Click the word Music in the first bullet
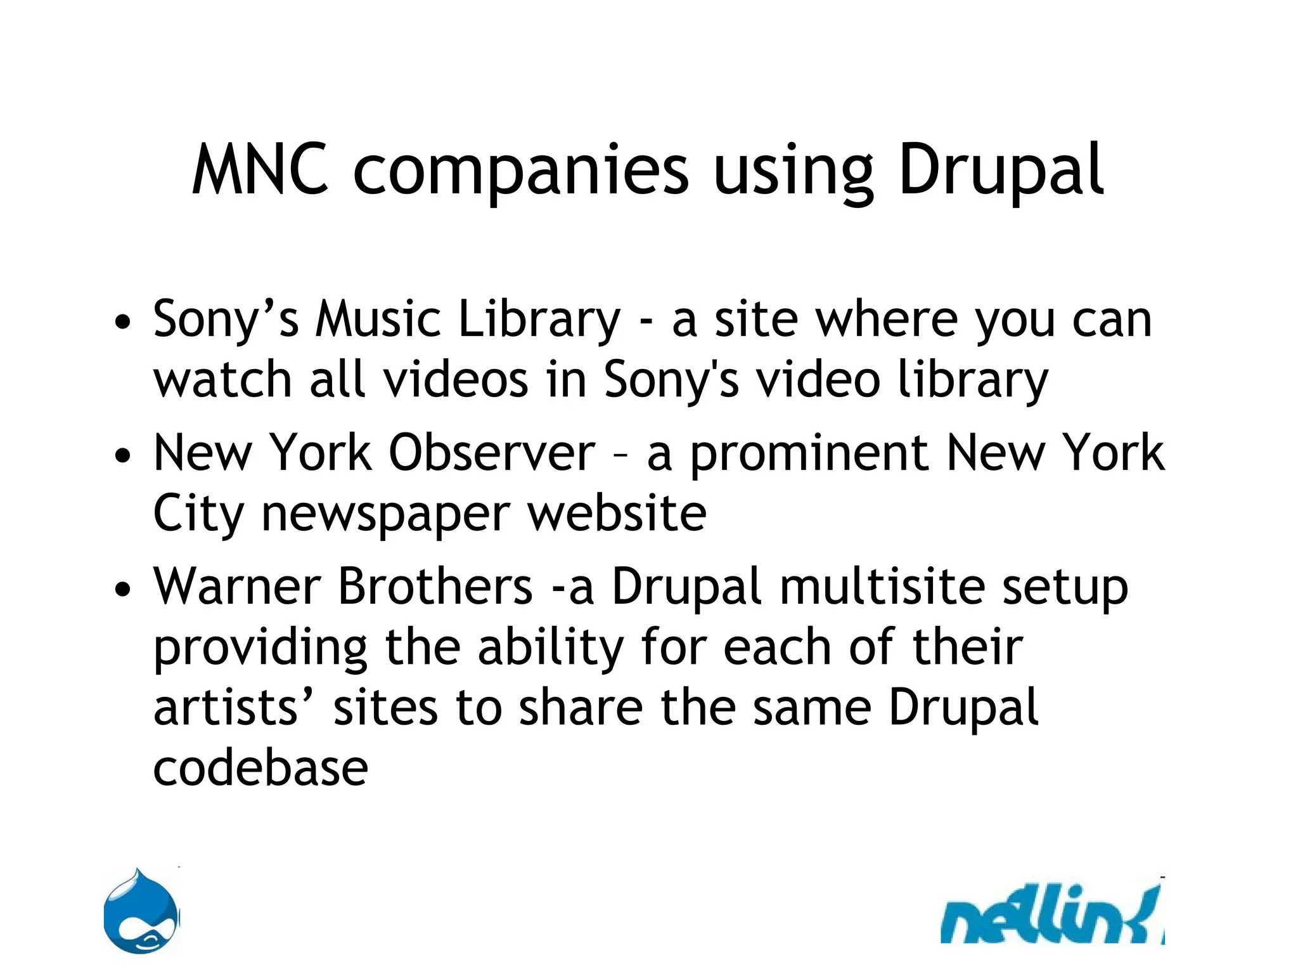coord(378,319)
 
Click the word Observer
coord(492,453)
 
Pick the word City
coord(198,515)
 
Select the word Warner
coord(237,587)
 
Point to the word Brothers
coord(435,587)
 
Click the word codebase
coord(260,769)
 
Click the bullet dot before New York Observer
coord(123,456)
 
